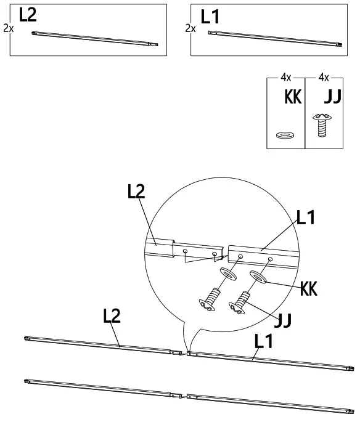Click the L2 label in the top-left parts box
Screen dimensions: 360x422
point(28,15)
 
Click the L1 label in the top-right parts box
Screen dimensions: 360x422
point(210,17)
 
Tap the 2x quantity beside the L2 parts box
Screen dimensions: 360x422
point(9,28)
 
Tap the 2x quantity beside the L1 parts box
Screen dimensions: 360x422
point(190,28)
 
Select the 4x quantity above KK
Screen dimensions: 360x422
point(285,78)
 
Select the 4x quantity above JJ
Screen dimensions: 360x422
point(324,78)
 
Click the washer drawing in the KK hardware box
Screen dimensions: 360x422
point(285,134)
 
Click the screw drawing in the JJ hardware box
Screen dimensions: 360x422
point(322,125)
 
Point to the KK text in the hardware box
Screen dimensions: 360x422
point(293,97)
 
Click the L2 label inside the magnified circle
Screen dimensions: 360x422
point(136,192)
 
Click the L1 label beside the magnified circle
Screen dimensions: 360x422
point(306,217)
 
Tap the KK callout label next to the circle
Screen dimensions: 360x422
point(309,288)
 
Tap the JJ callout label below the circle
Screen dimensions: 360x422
point(283,320)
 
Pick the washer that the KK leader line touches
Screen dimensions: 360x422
point(258,277)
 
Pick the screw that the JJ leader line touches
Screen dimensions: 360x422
point(239,302)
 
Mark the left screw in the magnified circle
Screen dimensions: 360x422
point(210,299)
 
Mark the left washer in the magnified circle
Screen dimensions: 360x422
point(228,274)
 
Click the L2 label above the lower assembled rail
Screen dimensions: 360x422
point(112,315)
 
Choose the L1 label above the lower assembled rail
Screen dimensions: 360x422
point(263,341)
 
